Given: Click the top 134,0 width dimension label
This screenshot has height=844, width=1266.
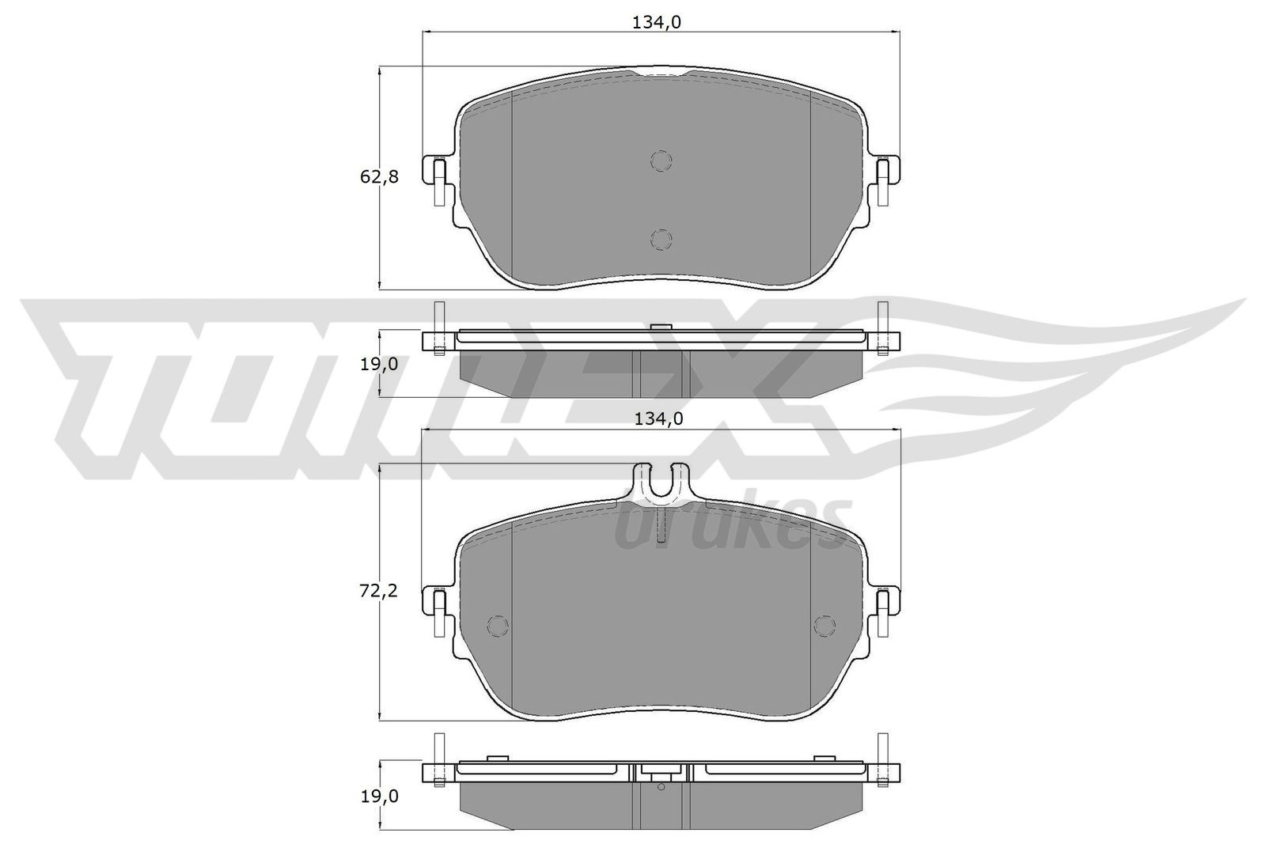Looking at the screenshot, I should point(656,23).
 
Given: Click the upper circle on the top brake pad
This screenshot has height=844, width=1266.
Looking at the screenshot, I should point(661,161).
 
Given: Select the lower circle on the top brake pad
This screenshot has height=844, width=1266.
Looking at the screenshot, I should point(661,239).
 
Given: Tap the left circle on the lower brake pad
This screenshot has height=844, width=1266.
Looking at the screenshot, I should point(498,626).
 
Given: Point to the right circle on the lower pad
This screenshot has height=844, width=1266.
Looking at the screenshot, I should point(824,626).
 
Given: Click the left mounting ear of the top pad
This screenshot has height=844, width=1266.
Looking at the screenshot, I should point(436,180).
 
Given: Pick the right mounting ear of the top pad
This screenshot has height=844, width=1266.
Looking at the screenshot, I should point(885,180).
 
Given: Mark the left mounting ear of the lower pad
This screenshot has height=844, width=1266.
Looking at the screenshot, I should point(436,610).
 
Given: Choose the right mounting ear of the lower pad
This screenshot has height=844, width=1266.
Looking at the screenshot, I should point(885,610).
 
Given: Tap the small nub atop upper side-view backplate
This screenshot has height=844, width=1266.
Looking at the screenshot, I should point(660,326).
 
